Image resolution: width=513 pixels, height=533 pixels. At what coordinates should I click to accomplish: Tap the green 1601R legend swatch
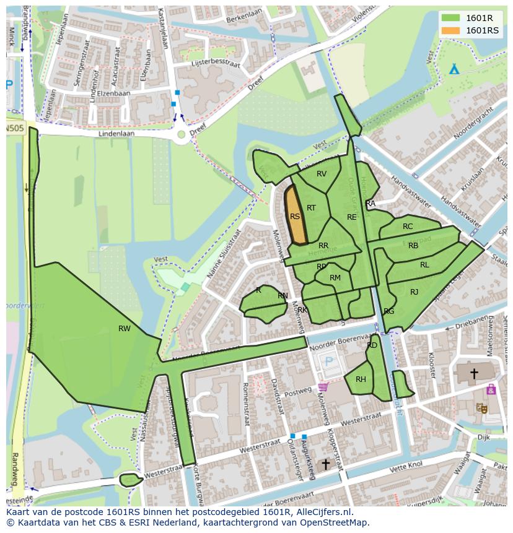pyautogui.click(x=451, y=18)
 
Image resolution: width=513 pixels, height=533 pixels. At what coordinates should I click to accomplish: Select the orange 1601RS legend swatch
pyautogui.click(x=451, y=30)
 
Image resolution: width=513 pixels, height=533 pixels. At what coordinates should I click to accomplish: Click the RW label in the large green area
pyautogui.click(x=125, y=329)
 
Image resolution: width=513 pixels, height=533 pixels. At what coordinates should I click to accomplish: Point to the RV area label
pyautogui.click(x=322, y=174)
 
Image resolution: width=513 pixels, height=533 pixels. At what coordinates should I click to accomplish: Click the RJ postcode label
pyautogui.click(x=414, y=292)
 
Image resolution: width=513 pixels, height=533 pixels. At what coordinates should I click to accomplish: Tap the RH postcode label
pyautogui.click(x=361, y=379)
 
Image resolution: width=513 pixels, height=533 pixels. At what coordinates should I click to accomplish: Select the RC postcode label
pyautogui.click(x=408, y=227)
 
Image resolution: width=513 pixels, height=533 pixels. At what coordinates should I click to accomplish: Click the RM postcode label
pyautogui.click(x=335, y=278)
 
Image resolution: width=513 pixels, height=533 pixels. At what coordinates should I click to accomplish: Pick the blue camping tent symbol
pyautogui.click(x=454, y=69)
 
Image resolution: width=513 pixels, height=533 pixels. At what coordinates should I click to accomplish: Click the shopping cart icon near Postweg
pyautogui.click(x=323, y=388)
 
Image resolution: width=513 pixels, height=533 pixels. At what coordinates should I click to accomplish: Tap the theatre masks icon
pyautogui.click(x=481, y=407)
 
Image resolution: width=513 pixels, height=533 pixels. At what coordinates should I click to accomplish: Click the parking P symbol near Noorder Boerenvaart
pyautogui.click(x=329, y=362)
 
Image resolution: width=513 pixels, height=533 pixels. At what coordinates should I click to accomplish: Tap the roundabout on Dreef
pyautogui.click(x=181, y=134)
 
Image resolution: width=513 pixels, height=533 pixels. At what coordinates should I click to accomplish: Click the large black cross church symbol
pyautogui.click(x=474, y=373)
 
